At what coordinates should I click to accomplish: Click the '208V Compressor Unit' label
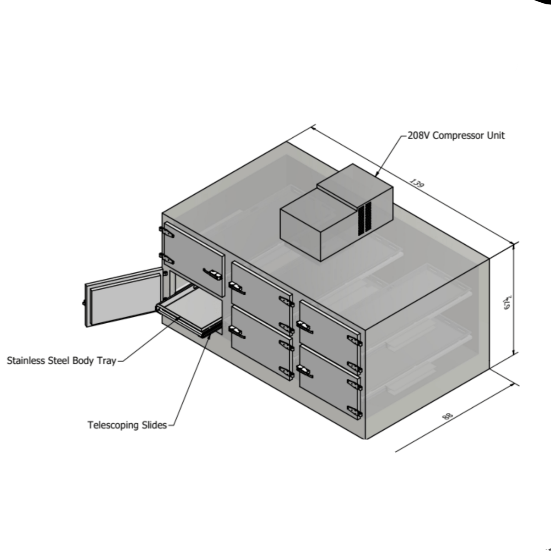click(456, 135)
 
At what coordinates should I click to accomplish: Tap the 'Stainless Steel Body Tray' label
click(61, 361)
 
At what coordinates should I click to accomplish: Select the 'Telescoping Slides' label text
click(127, 425)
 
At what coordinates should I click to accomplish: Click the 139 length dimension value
click(416, 184)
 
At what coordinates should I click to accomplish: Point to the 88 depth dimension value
click(448, 416)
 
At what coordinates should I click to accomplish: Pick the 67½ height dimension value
click(508, 302)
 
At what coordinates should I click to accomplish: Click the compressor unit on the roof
click(335, 216)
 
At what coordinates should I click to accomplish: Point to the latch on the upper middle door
click(237, 288)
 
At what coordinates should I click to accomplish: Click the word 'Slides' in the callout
click(153, 425)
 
